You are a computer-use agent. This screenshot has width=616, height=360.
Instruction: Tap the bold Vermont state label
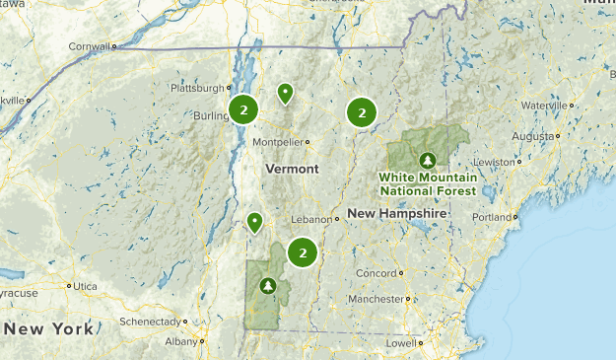(x=292, y=169)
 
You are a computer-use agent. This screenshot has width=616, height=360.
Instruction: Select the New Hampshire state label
(x=397, y=213)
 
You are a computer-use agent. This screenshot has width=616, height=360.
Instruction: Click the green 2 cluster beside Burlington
(x=243, y=110)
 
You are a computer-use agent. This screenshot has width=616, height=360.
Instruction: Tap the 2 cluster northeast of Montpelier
(x=362, y=113)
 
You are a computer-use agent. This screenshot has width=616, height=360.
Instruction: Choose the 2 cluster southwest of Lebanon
(x=303, y=253)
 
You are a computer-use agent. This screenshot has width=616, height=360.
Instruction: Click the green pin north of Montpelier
(x=285, y=94)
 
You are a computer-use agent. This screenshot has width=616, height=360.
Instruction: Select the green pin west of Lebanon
(x=255, y=222)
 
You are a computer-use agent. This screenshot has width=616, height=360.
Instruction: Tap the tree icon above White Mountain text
(x=427, y=159)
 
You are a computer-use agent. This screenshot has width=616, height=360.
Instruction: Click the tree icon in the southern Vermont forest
(x=266, y=287)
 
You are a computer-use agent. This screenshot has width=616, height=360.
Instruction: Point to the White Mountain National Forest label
(x=428, y=183)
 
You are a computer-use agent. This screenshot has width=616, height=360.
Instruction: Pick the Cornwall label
(x=90, y=46)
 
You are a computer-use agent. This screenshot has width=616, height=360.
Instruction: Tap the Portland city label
(x=501, y=217)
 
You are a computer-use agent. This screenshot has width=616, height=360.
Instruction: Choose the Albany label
(x=181, y=341)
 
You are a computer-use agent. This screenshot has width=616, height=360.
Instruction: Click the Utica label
(x=87, y=286)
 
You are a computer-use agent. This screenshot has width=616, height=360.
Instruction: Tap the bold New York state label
(x=48, y=328)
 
